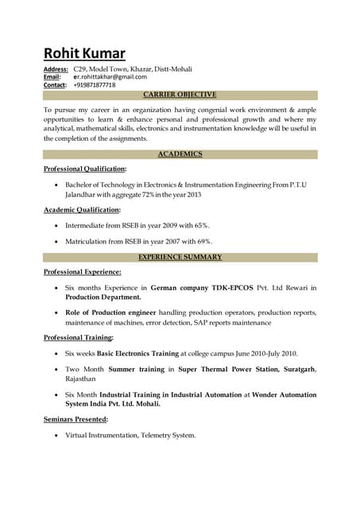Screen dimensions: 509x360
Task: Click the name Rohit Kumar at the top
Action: (83, 53)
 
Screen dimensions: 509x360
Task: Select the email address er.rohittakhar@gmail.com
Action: (110, 77)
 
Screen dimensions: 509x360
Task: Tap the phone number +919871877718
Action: (94, 85)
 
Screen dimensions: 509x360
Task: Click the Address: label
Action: (55, 69)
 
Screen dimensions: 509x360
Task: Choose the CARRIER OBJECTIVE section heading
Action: (180, 94)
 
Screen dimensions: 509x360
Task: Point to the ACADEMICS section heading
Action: (180, 153)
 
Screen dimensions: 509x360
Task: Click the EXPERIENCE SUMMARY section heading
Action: (180, 257)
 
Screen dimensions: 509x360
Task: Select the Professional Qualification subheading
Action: (84, 169)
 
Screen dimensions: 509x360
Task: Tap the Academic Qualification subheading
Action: (82, 209)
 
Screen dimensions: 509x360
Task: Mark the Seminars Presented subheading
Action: (75, 419)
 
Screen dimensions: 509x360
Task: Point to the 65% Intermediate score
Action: (202, 226)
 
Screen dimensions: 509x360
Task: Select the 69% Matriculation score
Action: (203, 241)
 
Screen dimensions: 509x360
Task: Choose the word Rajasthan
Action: (80, 379)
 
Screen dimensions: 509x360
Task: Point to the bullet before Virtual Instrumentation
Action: (55, 436)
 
